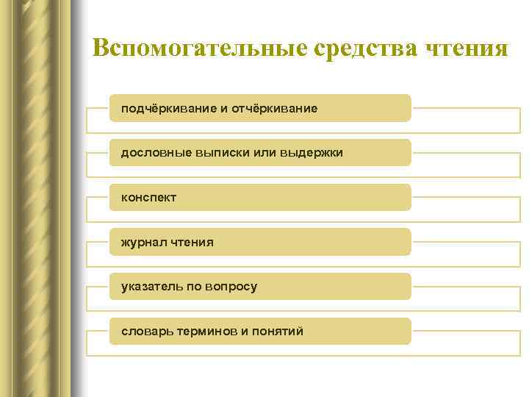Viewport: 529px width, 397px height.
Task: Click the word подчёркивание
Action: click(168, 109)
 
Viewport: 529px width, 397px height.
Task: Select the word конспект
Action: click(148, 198)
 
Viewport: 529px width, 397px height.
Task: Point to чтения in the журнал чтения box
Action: click(192, 242)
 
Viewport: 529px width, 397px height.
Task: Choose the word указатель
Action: click(150, 287)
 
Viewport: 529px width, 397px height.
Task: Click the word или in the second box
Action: click(260, 153)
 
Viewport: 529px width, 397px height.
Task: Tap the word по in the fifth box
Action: click(190, 287)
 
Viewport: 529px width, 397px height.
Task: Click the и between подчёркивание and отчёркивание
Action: click(223, 109)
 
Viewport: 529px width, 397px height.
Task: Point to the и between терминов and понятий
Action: click(244, 332)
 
